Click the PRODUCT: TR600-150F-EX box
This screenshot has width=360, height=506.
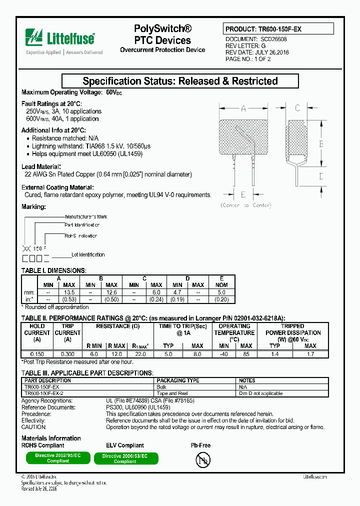278,29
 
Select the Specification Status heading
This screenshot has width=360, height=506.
179,81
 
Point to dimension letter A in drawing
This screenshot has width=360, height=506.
243,108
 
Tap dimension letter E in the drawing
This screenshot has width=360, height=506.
243,194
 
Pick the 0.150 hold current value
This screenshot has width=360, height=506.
37,353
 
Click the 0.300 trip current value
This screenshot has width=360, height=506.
67,353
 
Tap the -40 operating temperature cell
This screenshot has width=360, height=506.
223,353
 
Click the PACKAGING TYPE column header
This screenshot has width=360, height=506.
178,380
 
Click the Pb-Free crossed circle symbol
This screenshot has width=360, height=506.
201,459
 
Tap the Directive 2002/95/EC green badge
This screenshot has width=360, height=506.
58,458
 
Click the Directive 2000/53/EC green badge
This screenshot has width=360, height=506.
125,458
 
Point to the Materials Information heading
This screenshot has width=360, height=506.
51,438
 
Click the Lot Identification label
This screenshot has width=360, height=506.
88,254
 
